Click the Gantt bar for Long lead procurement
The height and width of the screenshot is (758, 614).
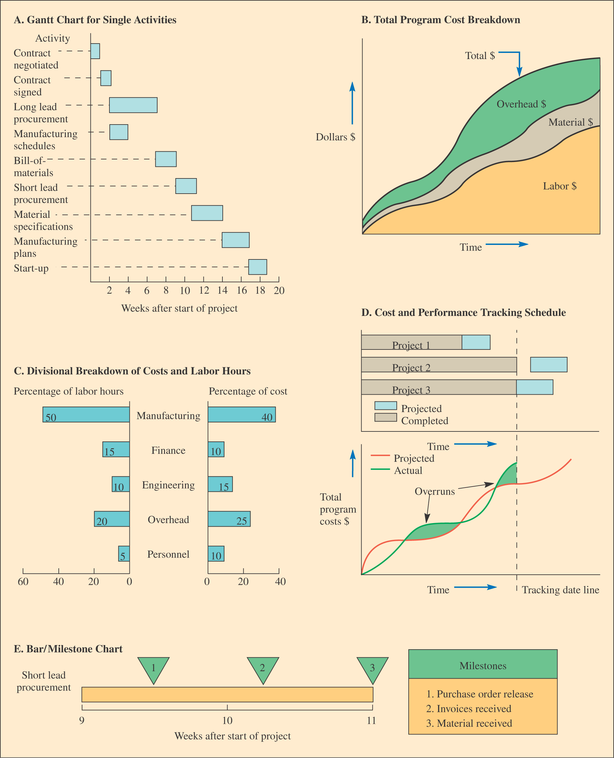point(133,105)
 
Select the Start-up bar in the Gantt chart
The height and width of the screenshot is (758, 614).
point(258,267)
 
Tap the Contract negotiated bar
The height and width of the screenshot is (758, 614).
point(95,51)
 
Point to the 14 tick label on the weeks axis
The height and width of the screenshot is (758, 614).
point(222,291)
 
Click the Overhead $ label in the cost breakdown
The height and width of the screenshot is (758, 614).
point(521,104)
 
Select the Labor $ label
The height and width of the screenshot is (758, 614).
point(559,186)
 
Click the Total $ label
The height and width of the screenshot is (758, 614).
point(480,56)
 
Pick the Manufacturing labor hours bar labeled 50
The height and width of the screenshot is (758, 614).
point(86,414)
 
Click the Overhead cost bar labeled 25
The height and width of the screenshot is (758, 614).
point(229,519)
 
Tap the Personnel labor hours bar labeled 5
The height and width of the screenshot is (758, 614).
point(124,554)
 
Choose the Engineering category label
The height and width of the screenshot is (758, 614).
point(169,485)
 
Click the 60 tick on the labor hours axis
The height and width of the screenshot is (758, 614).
point(23,581)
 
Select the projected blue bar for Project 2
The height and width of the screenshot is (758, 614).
point(548,365)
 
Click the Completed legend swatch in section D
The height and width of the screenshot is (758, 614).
point(385,417)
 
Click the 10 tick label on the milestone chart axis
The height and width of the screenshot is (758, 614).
point(227,721)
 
